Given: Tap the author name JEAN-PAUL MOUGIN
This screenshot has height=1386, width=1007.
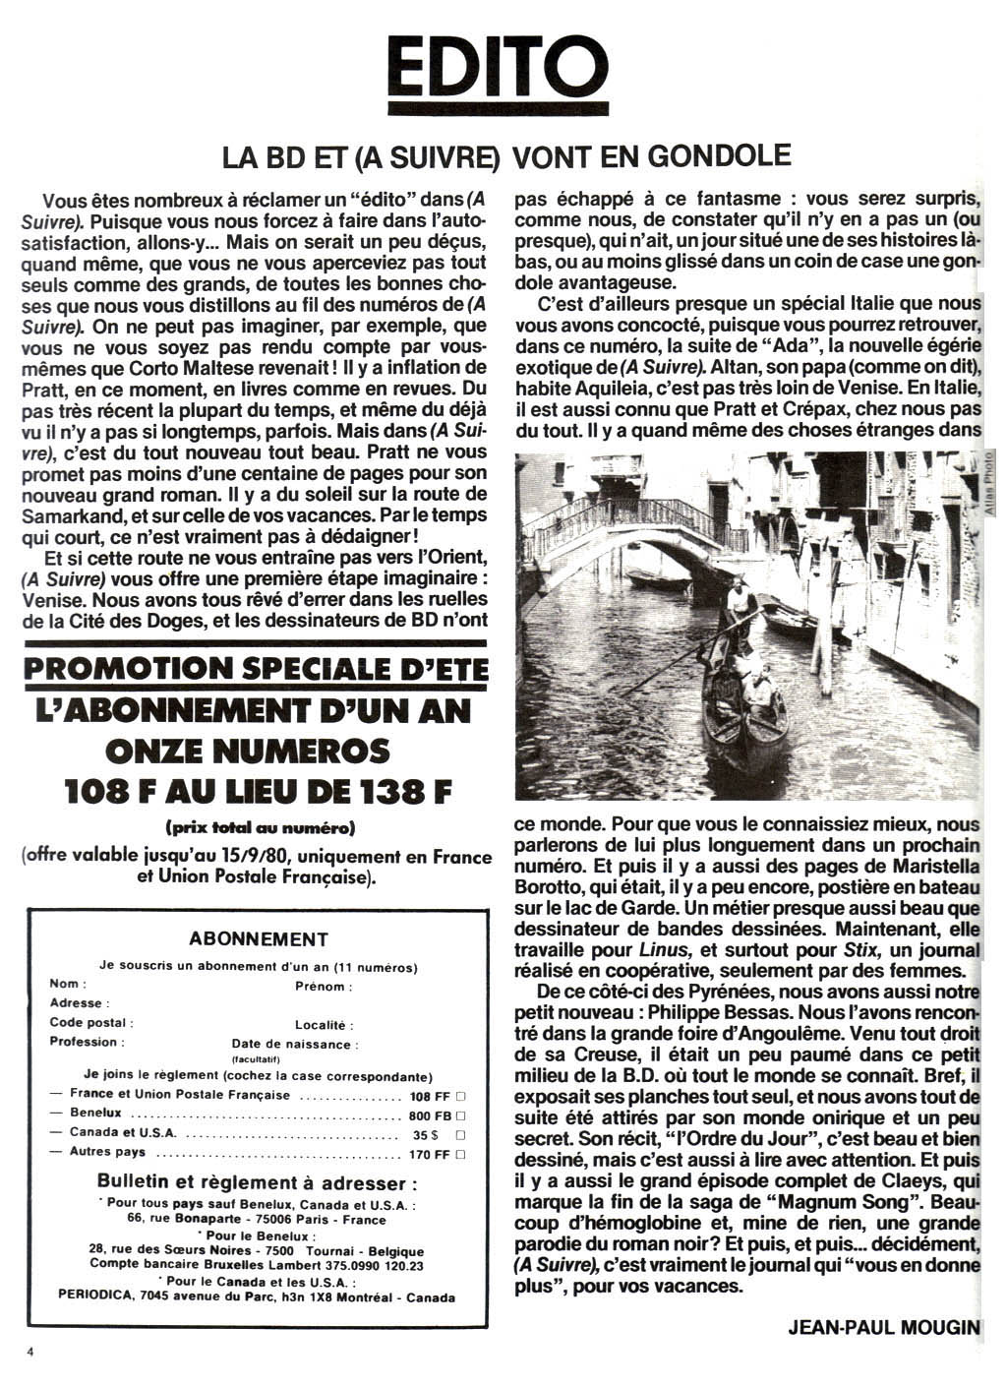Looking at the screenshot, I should [884, 1327].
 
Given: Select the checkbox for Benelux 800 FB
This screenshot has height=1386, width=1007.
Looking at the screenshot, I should [461, 1115].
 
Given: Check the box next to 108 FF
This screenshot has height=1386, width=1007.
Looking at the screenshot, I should [461, 1095].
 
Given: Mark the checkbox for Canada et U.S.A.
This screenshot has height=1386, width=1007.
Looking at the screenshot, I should [461, 1134].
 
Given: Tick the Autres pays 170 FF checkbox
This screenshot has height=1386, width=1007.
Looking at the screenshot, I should [461, 1154].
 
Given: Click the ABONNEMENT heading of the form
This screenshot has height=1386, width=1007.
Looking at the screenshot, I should [259, 939].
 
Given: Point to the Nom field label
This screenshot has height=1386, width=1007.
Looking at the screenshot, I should [68, 984].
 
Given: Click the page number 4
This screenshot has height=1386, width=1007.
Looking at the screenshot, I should [30, 1353].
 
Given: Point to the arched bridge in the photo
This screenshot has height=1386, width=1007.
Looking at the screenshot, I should [629, 521].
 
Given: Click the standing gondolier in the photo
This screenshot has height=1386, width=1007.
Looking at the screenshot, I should [740, 607].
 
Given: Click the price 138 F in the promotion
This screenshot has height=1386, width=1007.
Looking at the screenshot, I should [397, 791].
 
